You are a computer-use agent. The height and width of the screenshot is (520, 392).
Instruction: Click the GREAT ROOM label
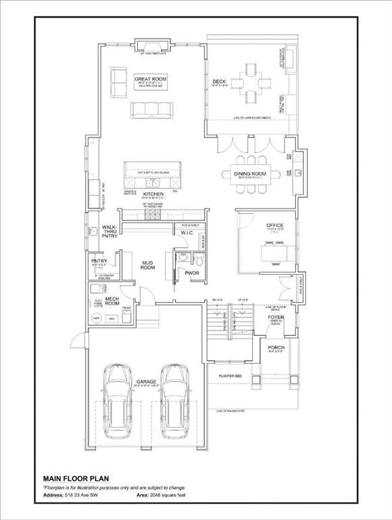click(147, 79)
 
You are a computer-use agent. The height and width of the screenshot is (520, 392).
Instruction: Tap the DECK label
click(218, 83)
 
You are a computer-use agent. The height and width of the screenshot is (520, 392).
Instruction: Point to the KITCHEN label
click(153, 194)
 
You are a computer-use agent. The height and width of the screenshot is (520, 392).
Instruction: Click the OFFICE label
click(274, 225)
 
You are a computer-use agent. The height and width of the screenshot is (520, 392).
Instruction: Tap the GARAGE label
click(147, 382)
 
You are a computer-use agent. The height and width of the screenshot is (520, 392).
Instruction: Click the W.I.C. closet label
click(187, 234)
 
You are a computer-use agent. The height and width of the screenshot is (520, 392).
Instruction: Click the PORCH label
click(276, 347)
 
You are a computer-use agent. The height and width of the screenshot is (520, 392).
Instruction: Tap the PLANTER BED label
click(230, 376)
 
